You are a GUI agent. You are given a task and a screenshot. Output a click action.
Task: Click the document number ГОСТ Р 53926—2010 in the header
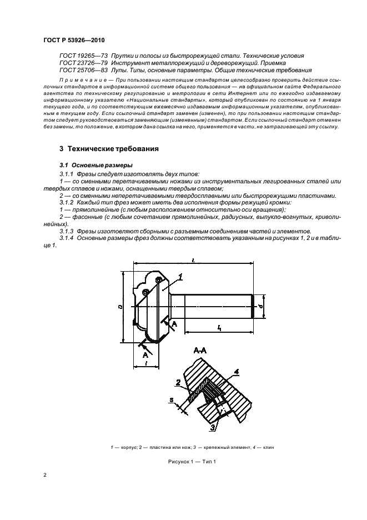pyautogui.click(x=74, y=41)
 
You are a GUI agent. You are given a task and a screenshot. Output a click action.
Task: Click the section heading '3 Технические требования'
pyautogui.click(x=109, y=149)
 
